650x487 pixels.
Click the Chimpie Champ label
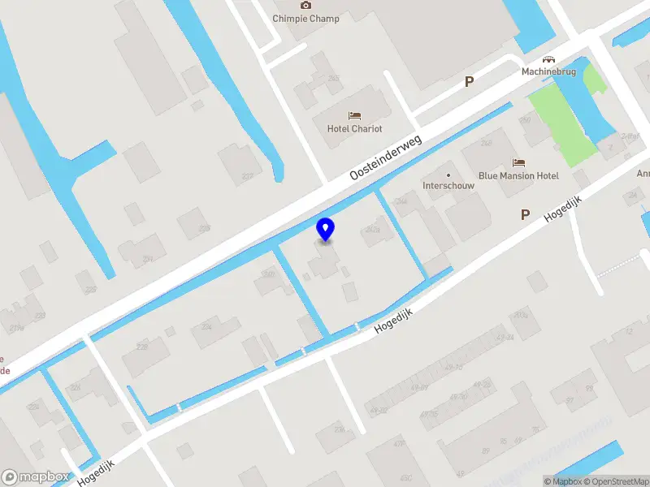(x=305, y=18)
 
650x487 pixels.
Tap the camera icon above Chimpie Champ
(x=305, y=5)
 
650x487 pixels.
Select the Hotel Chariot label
(x=354, y=128)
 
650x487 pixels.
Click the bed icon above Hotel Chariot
(x=354, y=116)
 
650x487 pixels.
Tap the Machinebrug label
(x=548, y=71)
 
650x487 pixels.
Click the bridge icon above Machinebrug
(x=549, y=58)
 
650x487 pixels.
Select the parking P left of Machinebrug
(x=468, y=81)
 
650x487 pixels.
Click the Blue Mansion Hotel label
(x=518, y=175)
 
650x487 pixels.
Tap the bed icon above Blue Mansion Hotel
(x=518, y=163)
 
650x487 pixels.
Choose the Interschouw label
(x=448, y=185)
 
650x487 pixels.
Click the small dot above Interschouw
(x=448, y=174)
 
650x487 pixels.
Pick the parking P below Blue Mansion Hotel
(x=525, y=215)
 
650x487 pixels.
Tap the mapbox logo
(x=35, y=477)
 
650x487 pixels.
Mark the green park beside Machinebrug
(x=568, y=122)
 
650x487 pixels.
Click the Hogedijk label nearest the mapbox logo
(x=97, y=471)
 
